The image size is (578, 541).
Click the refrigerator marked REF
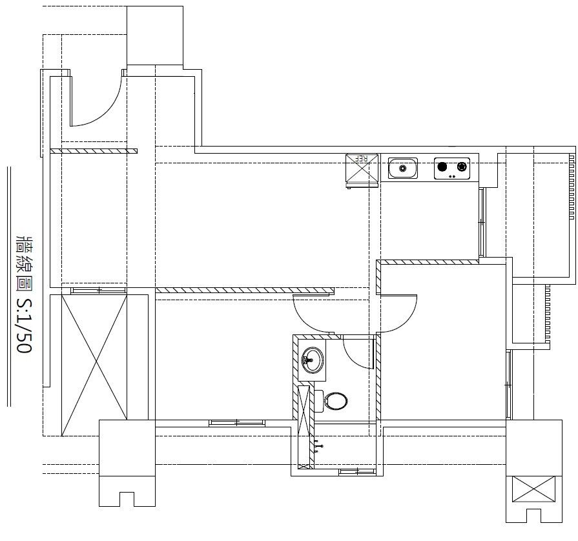tap(362, 170)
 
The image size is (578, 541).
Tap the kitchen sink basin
tap(403, 168)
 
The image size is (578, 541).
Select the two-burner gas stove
tap(452, 168)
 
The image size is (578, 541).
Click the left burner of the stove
tap(442, 167)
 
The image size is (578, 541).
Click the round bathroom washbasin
tap(313, 360)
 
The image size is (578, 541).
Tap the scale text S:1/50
tap(25, 325)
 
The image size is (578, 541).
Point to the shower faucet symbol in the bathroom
tap(319, 446)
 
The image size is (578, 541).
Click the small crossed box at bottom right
tap(534, 489)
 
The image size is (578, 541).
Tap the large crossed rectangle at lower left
tap(94, 365)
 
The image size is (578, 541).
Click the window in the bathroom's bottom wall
tap(357, 471)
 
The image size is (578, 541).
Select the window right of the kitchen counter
tap(481, 223)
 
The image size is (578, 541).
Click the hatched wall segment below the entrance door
tap(94, 151)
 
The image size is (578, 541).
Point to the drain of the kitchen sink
tap(403, 168)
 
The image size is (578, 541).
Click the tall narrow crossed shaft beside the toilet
tap(304, 427)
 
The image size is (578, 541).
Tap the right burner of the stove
tap(462, 167)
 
